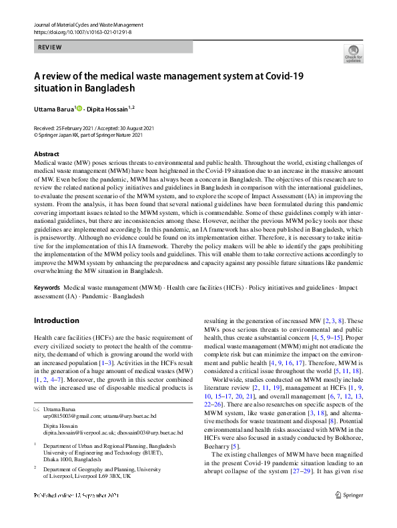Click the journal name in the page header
87,25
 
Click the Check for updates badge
353,53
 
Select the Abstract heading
47,154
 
